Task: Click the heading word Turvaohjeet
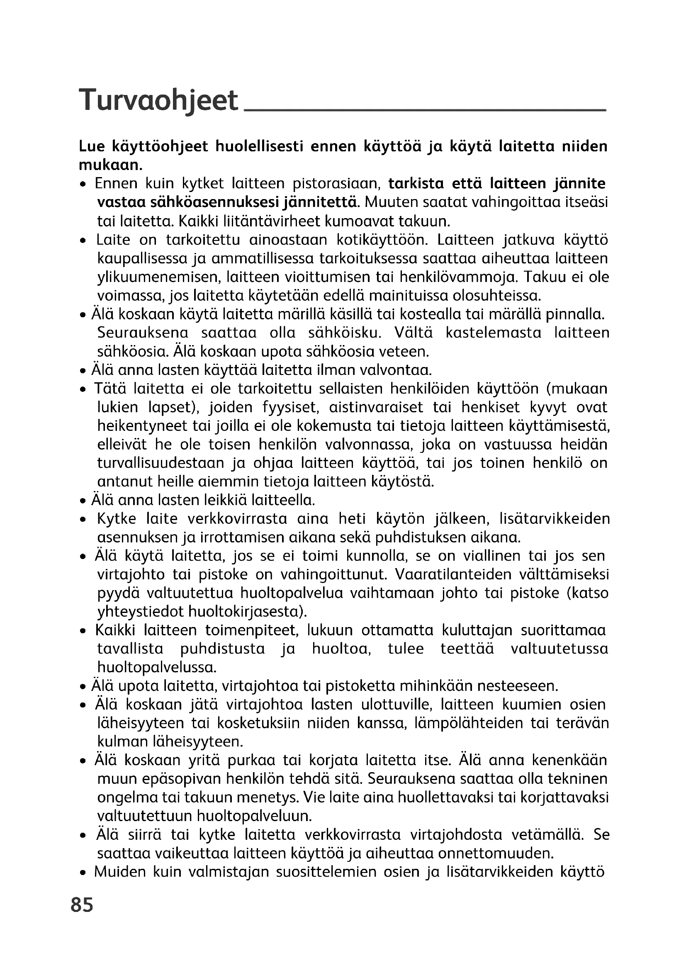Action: (159, 100)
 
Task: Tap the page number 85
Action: (83, 905)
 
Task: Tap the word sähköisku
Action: (345, 333)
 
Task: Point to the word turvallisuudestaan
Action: (161, 463)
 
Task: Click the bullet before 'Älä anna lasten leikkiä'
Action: (83, 501)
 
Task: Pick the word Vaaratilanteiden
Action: (454, 574)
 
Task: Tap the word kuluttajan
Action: (477, 630)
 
